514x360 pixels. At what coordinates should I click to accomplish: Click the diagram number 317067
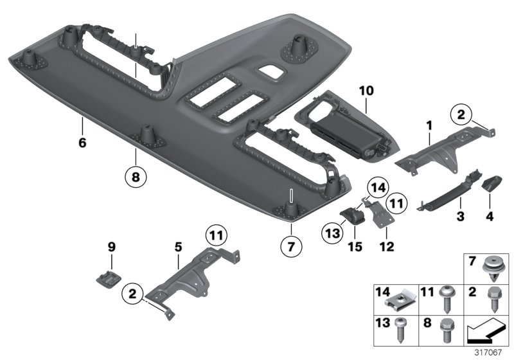[492, 352]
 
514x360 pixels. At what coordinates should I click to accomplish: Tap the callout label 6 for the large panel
[82, 143]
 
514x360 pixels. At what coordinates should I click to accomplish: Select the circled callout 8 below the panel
[136, 174]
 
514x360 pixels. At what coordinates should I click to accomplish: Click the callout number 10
[366, 92]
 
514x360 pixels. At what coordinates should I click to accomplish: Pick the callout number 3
[460, 218]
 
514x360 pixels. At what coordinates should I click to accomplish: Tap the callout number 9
[111, 246]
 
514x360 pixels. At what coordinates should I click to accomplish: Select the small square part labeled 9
[107, 277]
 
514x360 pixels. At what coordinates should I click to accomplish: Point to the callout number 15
[355, 246]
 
